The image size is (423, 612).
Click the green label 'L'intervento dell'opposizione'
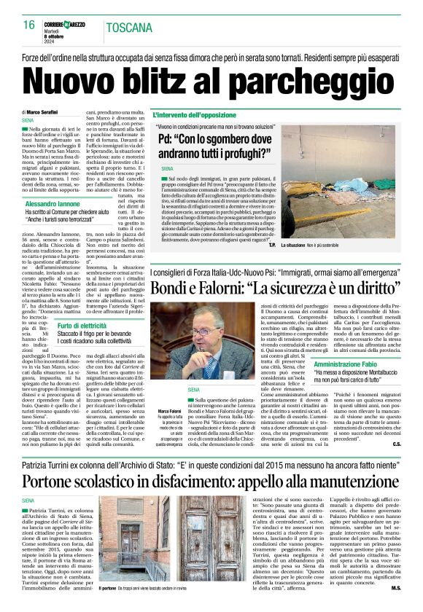click(x=195, y=115)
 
